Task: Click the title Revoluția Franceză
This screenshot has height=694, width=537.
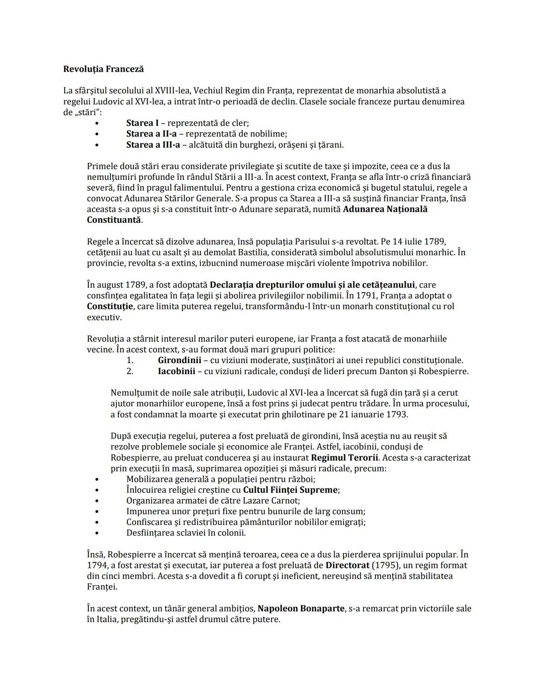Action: [x=103, y=69]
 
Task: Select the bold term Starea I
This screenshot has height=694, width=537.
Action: [x=139, y=123]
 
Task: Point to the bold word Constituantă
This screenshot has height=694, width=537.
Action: [x=114, y=220]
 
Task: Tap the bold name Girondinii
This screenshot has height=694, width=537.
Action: [x=179, y=360]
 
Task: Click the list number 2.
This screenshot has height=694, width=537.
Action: [x=130, y=371]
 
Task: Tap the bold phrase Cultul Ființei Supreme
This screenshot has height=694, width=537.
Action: [x=290, y=490]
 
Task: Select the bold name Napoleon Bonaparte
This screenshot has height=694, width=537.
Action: [x=301, y=609]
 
